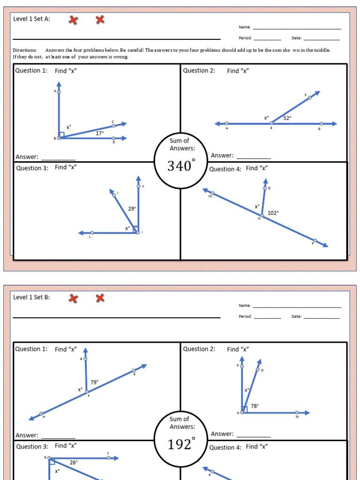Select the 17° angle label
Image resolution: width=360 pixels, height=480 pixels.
(x=100, y=133)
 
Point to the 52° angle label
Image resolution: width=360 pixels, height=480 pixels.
(x=287, y=118)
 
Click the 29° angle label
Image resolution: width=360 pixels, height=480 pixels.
(x=132, y=209)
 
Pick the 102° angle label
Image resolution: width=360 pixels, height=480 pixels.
(x=273, y=213)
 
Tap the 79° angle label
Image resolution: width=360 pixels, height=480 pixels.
(x=94, y=382)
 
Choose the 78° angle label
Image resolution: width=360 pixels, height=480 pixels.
(x=255, y=406)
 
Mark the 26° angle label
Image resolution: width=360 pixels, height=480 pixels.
(x=74, y=462)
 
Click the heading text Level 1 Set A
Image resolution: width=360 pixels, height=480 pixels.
(x=31, y=19)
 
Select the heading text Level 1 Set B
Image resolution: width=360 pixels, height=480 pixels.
(x=31, y=297)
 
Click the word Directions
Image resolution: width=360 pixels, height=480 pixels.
(x=24, y=50)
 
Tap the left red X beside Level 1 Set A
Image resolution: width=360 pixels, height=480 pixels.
(x=73, y=20)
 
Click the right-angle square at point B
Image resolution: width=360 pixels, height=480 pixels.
(x=61, y=135)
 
